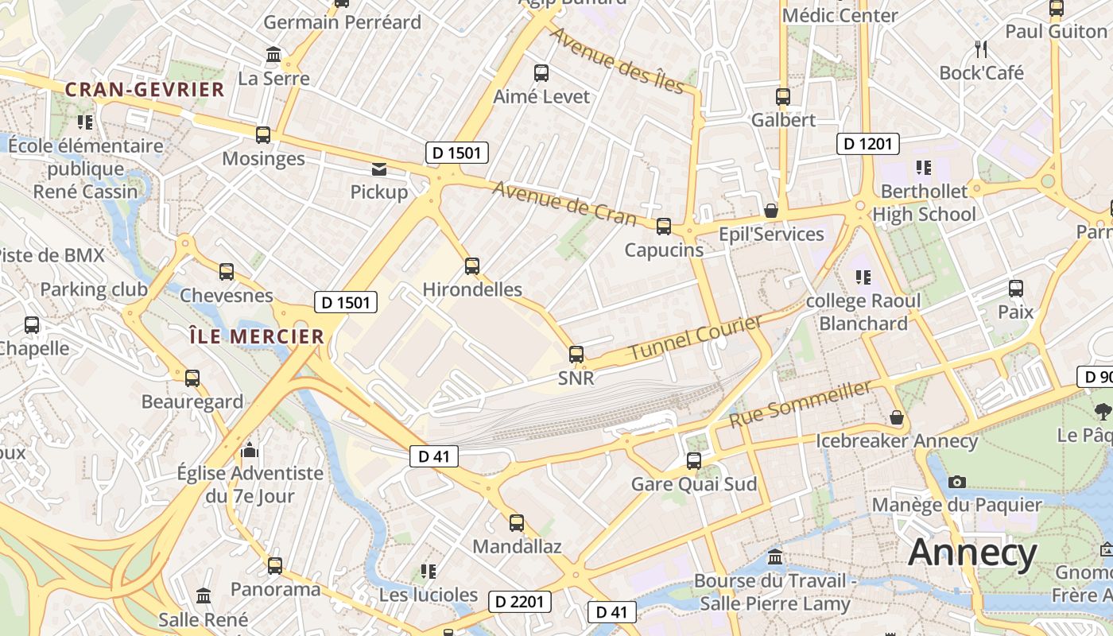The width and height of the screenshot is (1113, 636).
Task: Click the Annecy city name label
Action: coord(972,553)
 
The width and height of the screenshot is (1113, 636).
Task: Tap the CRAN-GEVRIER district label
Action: coord(145,90)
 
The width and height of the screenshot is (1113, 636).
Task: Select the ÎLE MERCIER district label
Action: coord(257,336)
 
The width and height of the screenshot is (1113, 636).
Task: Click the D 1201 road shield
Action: coord(868,144)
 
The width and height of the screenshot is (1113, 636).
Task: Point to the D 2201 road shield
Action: coord(519,602)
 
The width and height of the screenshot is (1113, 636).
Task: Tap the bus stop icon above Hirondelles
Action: coord(472,266)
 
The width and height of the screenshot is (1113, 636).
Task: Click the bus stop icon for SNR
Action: coord(576,355)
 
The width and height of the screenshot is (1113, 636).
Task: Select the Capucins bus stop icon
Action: coord(664,227)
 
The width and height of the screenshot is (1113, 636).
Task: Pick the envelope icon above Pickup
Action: coord(379,169)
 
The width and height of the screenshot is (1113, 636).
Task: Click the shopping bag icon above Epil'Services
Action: coord(770,211)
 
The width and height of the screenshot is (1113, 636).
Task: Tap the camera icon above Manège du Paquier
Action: coord(957,482)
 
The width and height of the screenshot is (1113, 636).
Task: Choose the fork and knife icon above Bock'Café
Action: coord(981,49)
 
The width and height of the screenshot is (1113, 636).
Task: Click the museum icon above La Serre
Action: coord(273,55)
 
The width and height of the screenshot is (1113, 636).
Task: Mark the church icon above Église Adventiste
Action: coord(250,451)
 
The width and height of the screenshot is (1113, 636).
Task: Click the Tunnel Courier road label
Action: coord(696,337)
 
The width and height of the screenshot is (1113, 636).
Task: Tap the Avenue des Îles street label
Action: coord(617,61)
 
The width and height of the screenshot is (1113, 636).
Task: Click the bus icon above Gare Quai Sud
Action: coord(694,460)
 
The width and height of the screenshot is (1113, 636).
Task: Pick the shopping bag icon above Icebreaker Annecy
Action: coord(897,417)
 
